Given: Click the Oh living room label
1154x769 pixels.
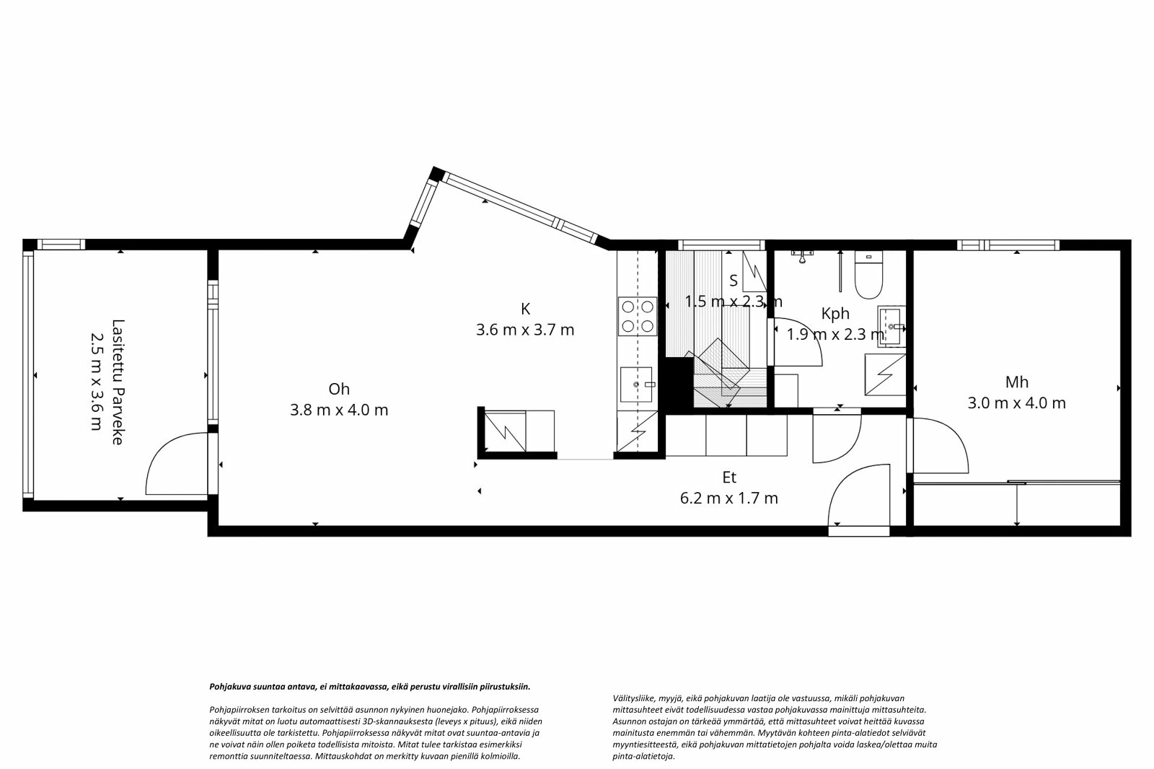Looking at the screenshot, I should (338, 389).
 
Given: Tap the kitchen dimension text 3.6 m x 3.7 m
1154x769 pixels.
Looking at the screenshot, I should (525, 330).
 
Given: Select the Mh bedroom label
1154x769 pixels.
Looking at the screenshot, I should (1016, 382).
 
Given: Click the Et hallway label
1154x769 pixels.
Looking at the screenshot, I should (729, 478).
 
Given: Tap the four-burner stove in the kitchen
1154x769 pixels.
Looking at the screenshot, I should (638, 316).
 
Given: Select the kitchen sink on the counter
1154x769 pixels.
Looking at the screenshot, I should (638, 384).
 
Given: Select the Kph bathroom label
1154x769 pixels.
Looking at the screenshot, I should (835, 314).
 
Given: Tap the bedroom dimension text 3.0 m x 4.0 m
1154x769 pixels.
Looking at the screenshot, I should (1016, 403).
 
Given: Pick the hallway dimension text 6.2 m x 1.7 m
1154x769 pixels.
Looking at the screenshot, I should (729, 498).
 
